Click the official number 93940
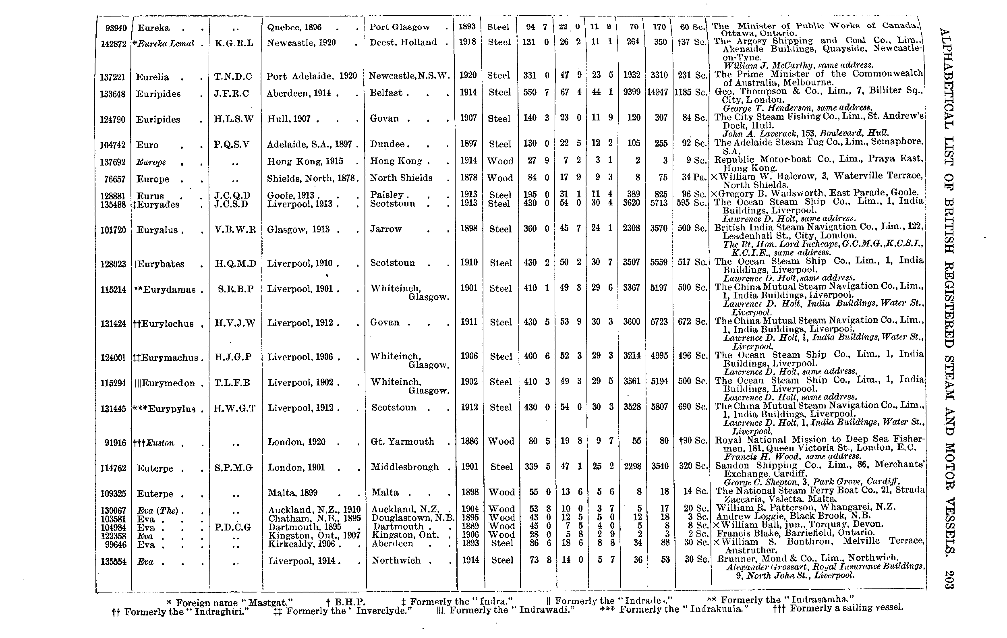[x=116, y=28]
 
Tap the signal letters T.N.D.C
[x=233, y=77]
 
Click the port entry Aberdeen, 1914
[x=298, y=93]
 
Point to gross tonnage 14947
[x=659, y=92]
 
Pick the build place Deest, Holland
[x=403, y=42]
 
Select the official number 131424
[x=113, y=324]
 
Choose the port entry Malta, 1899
[x=293, y=493]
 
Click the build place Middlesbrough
[x=405, y=467]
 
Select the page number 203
[x=949, y=580]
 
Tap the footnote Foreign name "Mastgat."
[x=230, y=603]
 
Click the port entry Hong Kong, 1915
[x=305, y=162]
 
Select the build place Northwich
[x=396, y=560]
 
